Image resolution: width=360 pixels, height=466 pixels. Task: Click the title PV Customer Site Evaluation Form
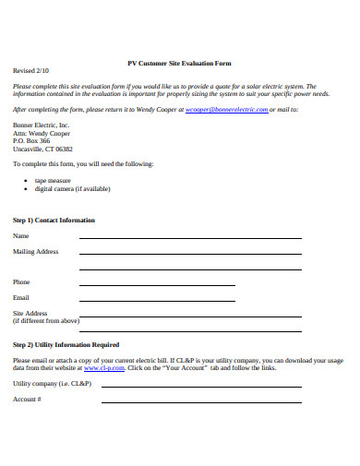point(179,63)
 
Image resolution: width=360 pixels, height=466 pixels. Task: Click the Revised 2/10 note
point(30,70)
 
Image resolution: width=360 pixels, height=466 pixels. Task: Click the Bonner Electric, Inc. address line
point(41,125)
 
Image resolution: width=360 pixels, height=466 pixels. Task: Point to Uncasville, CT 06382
point(43,149)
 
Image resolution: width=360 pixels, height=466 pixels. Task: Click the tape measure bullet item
point(53,181)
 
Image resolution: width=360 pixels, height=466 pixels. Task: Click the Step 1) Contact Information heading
point(54,221)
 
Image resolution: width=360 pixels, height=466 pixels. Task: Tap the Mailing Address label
point(36,252)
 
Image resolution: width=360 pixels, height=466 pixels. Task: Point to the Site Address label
point(30,314)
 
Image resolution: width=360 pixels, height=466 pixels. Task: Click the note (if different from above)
point(46,321)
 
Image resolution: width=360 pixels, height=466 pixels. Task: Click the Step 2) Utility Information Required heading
point(66,345)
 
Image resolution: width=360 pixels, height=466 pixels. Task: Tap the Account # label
point(27,400)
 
